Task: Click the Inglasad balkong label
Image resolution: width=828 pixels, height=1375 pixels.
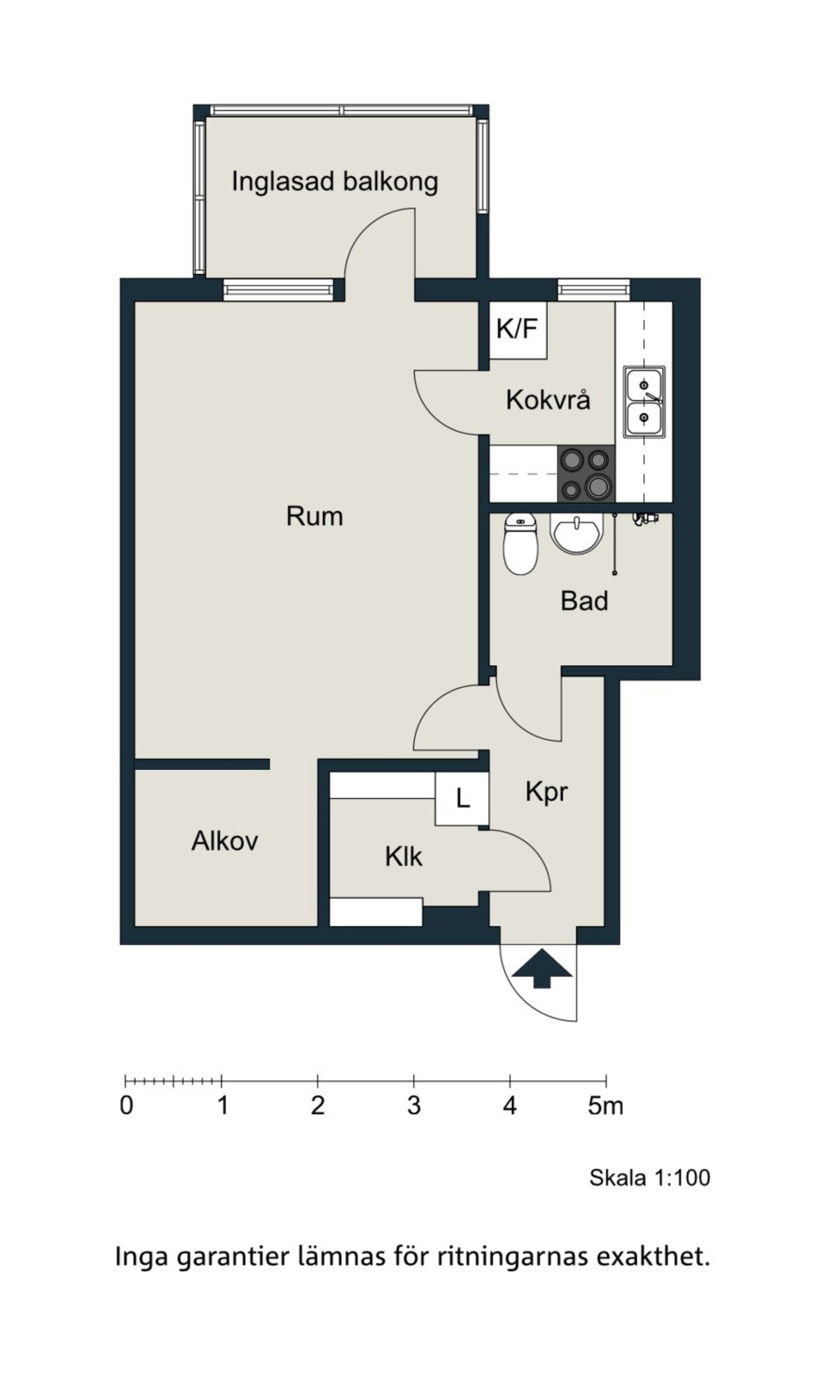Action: click(x=335, y=182)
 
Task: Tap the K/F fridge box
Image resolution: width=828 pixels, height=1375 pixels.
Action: click(x=518, y=330)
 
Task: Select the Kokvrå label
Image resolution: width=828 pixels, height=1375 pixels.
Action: click(x=548, y=400)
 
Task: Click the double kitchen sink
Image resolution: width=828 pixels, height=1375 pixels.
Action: click(x=644, y=402)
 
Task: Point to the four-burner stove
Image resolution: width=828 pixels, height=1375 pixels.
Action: click(x=586, y=473)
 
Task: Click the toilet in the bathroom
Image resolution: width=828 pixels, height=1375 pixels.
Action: click(x=520, y=544)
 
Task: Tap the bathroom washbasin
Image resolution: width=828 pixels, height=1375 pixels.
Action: click(x=576, y=532)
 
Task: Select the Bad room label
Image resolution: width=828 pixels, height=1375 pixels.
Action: click(x=584, y=601)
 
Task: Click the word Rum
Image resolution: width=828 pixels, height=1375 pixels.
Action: click(x=314, y=516)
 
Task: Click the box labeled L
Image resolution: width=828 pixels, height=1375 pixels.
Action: click(x=462, y=799)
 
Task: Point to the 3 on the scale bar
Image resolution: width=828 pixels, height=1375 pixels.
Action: click(x=413, y=1106)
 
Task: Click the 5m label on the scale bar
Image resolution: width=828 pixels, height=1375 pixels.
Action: click(x=605, y=1106)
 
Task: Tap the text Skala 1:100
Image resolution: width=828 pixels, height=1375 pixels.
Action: click(x=650, y=1178)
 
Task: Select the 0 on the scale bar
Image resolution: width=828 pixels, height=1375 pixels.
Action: click(x=127, y=1106)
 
